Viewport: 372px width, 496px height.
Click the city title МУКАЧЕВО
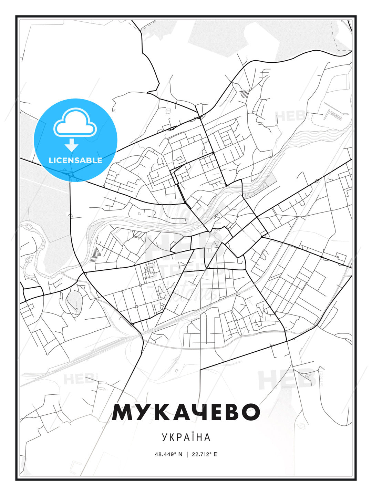point(186,412)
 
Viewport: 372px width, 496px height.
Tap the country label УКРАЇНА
point(186,437)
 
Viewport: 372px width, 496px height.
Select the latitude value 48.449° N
point(168,454)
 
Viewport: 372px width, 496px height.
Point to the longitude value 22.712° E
point(204,454)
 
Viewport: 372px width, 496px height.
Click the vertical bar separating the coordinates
point(187,454)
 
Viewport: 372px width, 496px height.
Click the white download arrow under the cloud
point(72,145)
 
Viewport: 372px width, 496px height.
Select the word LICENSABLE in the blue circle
point(75,160)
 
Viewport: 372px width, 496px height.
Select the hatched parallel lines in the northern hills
point(245,93)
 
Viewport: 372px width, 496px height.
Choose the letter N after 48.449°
point(180,454)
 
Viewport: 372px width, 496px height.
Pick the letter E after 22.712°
point(215,454)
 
